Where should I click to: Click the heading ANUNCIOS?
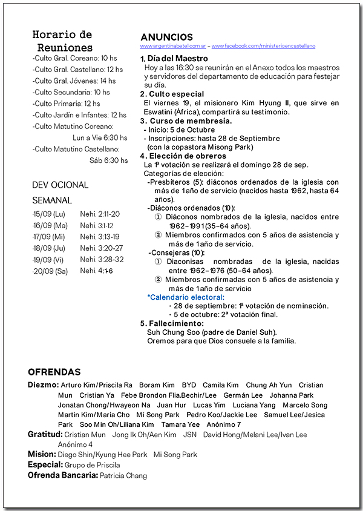tap(166, 37)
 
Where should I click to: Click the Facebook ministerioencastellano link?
tap(263, 46)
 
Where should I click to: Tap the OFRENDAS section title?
tap(54, 372)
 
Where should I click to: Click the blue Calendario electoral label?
tap(186, 297)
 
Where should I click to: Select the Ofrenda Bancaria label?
tap(63, 475)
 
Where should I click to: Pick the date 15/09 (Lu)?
tap(49, 214)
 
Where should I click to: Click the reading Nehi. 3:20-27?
tap(101, 248)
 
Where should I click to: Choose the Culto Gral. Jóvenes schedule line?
tap(74, 81)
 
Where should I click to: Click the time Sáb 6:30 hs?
tap(109, 160)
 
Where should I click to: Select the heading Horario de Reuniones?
tap(63, 41)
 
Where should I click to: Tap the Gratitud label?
tap(45, 435)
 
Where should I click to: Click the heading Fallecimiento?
tap(175, 323)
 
